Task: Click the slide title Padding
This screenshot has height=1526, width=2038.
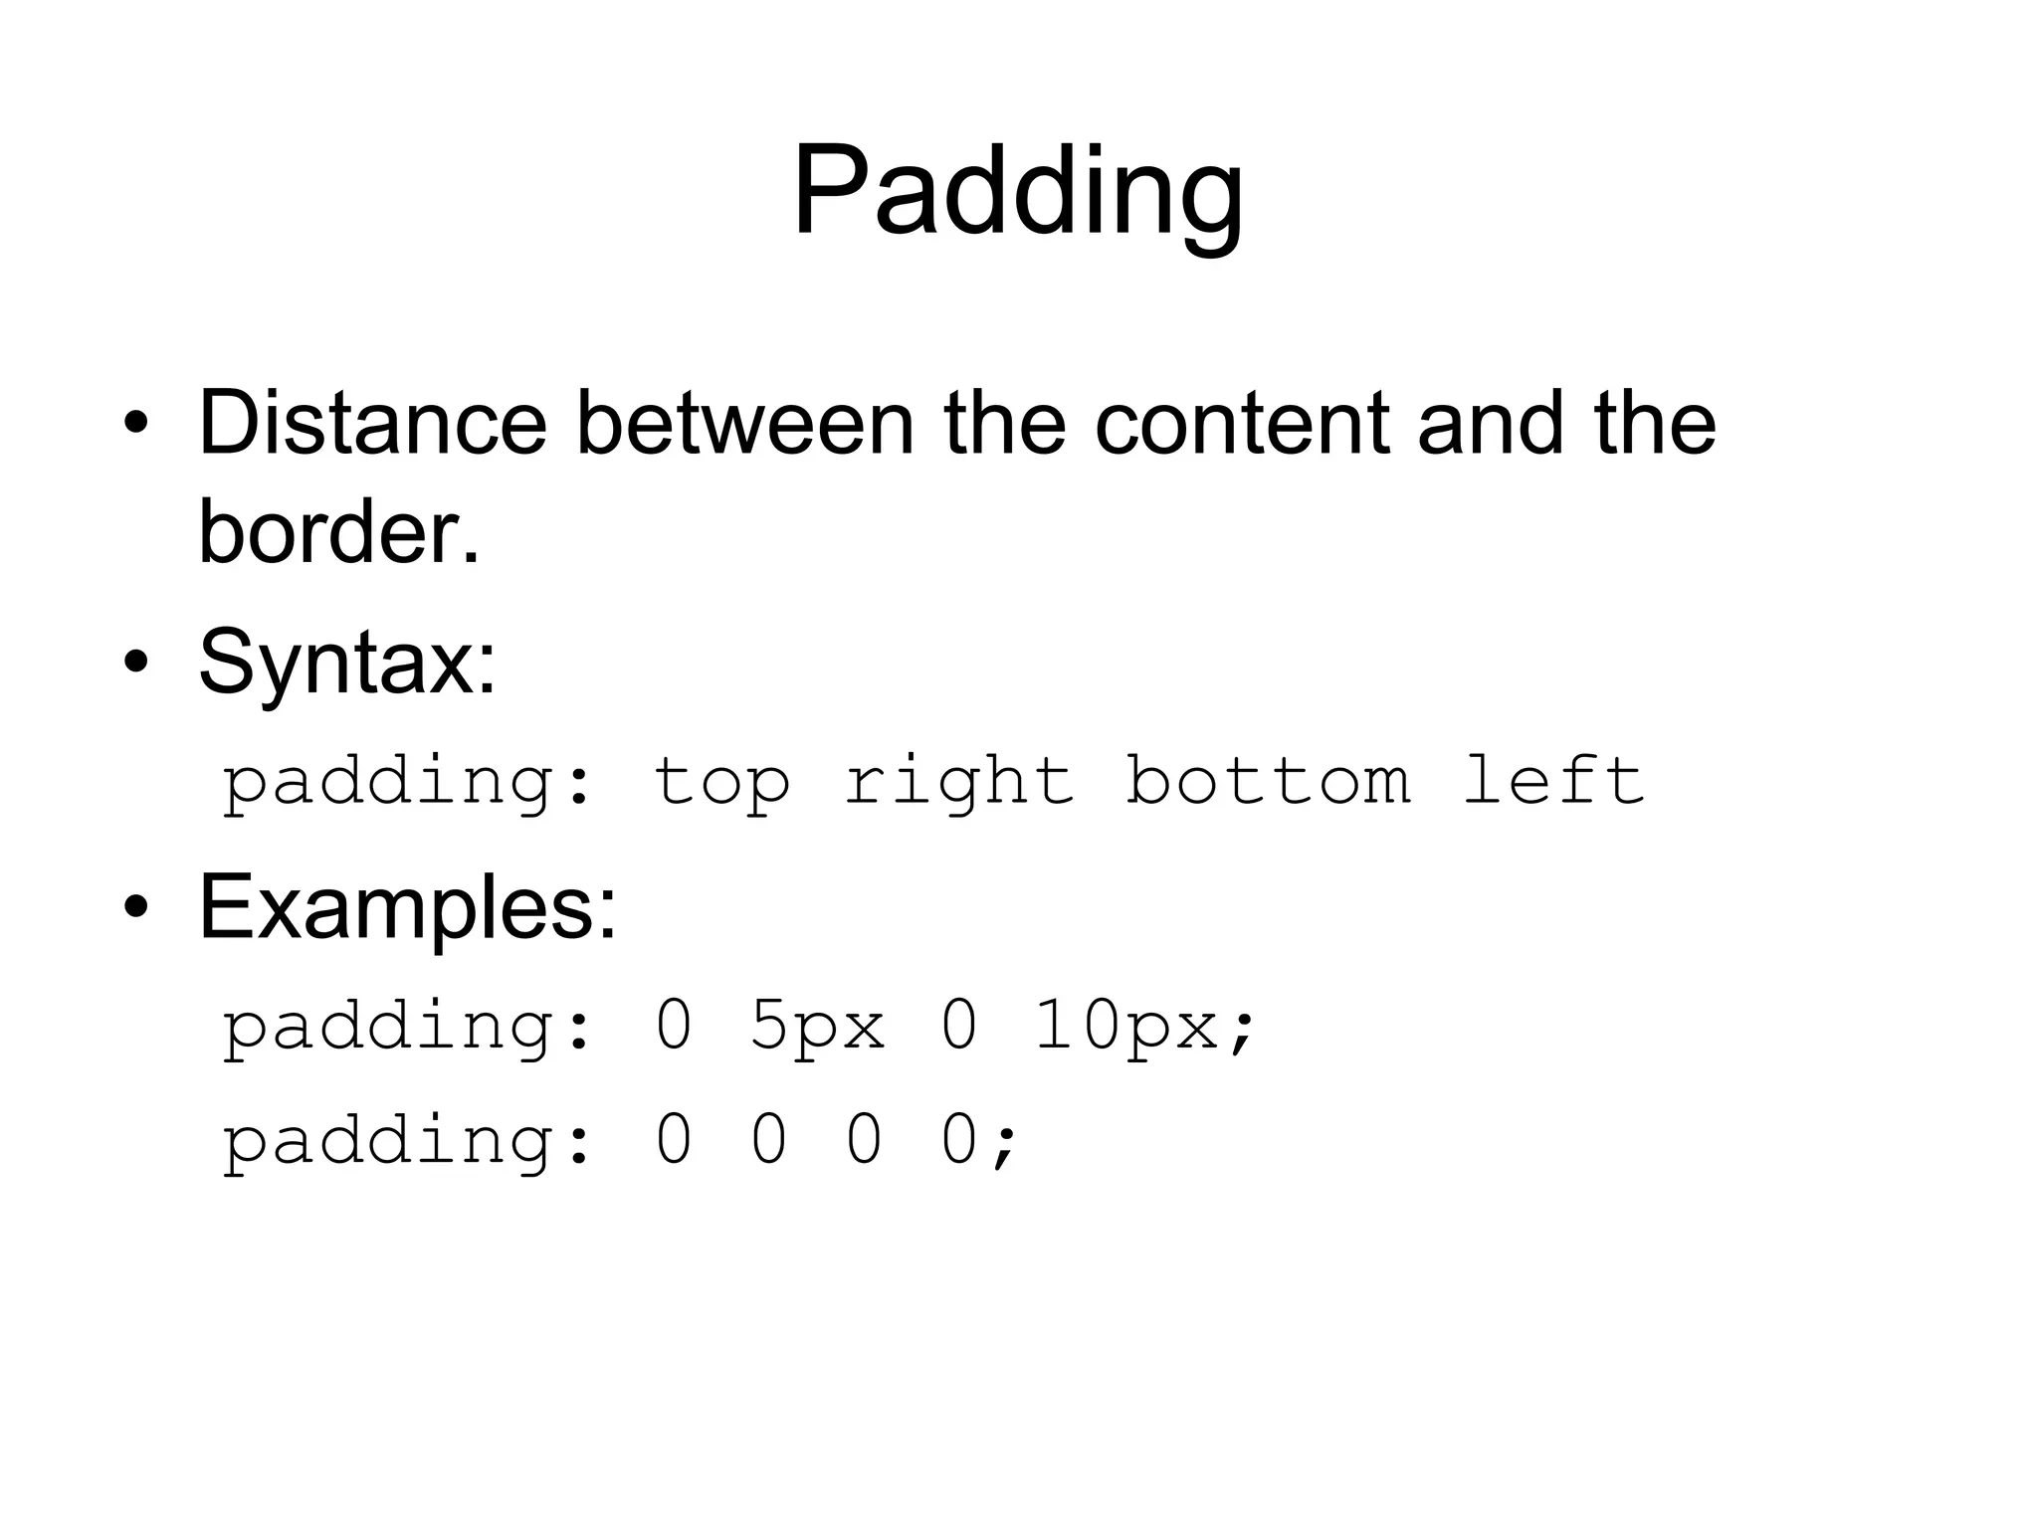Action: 1017,191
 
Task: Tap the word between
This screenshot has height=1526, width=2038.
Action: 744,424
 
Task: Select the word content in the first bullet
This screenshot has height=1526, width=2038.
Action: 1241,424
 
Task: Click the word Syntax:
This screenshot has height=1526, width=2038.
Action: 347,663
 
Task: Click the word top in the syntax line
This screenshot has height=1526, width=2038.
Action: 721,782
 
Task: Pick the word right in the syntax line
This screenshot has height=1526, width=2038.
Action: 959,782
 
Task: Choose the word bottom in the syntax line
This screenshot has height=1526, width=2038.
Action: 1268,782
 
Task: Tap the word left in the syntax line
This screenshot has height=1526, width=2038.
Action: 1552,782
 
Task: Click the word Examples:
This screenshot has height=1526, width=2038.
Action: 408,907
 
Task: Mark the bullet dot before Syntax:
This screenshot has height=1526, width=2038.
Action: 136,663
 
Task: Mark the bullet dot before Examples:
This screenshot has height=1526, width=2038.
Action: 136,907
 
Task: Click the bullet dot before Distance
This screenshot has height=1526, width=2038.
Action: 136,425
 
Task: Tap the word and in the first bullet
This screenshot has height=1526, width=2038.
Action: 1490,424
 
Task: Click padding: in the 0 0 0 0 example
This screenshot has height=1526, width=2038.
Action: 407,1141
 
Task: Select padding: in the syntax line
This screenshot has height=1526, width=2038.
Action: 407,782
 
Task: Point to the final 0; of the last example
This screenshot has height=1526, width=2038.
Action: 979,1141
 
